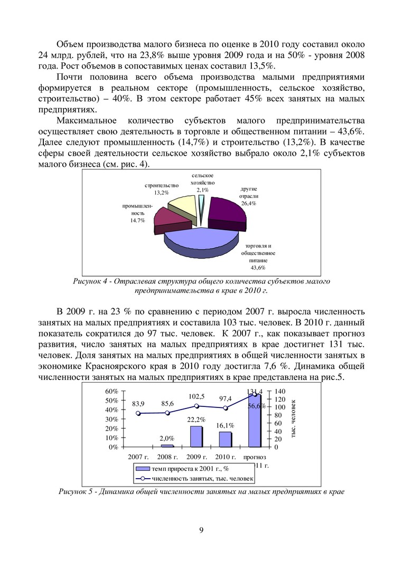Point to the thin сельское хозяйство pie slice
[201, 203]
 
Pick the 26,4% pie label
[248, 203]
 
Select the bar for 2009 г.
[196, 436]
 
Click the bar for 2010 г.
[226, 439]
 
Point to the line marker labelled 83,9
[138, 414]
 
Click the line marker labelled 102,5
[196, 406]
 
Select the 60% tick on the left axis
[111, 391]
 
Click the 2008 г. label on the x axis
[167, 457]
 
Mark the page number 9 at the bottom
[202, 530]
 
